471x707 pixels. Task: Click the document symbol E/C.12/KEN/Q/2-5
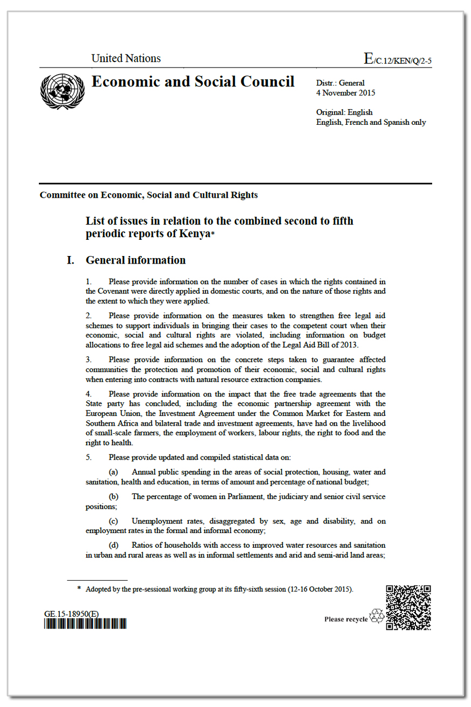(398, 59)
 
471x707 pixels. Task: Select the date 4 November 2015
(345, 93)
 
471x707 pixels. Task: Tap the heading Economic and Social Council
(193, 82)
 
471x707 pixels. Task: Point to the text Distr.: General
(340, 83)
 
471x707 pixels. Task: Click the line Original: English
(344, 112)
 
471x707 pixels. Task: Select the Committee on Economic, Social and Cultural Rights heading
(148, 195)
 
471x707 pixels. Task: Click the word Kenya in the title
(194, 234)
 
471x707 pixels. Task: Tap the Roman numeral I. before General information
(70, 260)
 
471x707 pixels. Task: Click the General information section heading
(135, 260)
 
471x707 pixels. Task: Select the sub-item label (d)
(113, 546)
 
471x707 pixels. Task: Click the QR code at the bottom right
(408, 607)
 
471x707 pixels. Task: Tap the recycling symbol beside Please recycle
(377, 616)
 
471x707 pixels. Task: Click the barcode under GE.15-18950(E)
(85, 624)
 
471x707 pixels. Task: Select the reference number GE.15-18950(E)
(71, 615)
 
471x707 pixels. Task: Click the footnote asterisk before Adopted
(79, 589)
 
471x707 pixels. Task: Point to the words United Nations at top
(126, 59)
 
